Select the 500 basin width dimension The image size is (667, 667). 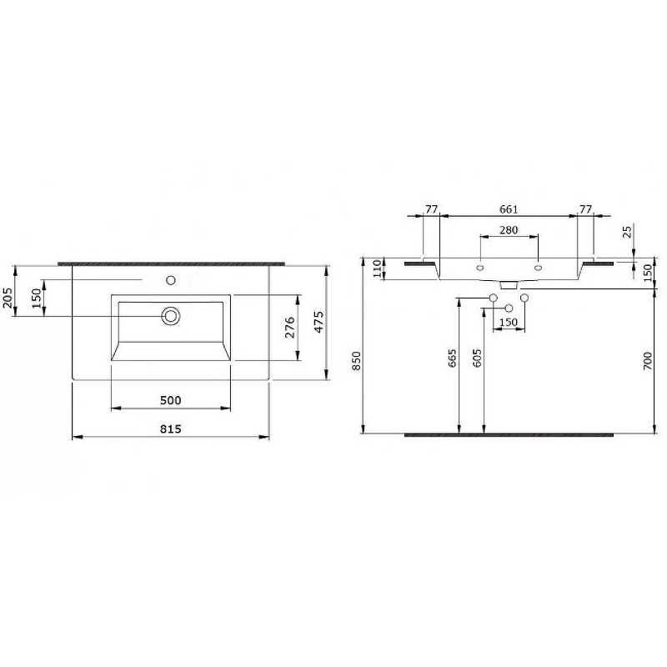[x=170, y=399]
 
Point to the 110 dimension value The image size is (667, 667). [x=376, y=268]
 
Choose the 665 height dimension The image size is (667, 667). [x=452, y=359]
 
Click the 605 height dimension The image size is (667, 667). [x=476, y=359]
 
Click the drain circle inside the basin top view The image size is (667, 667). [x=171, y=315]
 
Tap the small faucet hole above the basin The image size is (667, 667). [x=171, y=280]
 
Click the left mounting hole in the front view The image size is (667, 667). [x=479, y=268]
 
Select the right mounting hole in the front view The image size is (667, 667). [x=538, y=268]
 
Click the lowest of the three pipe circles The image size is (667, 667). [x=509, y=309]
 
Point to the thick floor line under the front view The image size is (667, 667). [x=509, y=434]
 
